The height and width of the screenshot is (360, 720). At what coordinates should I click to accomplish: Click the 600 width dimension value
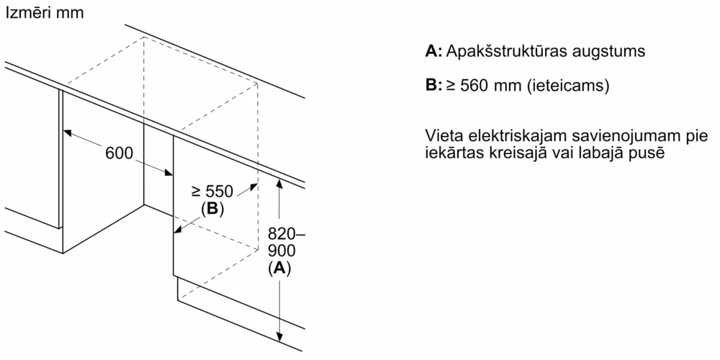120,153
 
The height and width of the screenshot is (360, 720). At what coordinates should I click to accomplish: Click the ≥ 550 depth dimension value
212,192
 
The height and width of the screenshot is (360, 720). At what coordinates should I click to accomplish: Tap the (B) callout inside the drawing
212,210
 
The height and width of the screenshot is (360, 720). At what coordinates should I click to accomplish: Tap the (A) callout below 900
279,268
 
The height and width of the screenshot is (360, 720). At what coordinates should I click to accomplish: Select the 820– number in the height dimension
286,234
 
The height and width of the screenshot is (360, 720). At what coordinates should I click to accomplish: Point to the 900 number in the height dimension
281,251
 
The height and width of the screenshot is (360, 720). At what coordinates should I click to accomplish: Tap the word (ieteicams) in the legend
568,86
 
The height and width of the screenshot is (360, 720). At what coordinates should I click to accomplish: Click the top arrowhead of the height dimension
279,183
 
